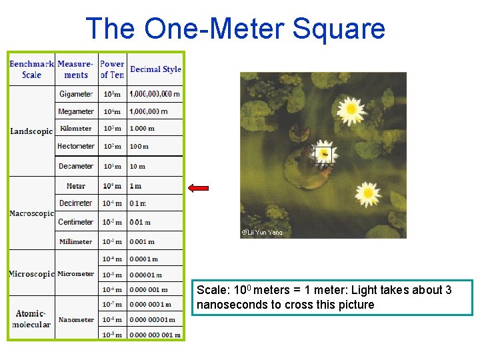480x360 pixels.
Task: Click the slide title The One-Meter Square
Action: [235, 29]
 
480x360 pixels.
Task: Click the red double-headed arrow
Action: [199, 188]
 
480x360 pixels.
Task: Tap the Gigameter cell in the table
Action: [76, 94]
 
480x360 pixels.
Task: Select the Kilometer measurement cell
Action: [76, 129]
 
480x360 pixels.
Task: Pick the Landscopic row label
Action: [31, 131]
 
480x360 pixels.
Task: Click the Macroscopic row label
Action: [31, 213]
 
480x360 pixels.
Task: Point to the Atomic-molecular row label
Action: [31, 319]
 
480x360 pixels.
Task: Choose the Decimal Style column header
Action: [155, 69]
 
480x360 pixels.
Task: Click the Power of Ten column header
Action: [112, 69]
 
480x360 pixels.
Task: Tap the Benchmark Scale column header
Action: [31, 69]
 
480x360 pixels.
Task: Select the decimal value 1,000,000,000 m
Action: [155, 94]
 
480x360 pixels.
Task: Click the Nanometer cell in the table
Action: [76, 319]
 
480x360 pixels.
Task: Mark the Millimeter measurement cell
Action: [76, 241]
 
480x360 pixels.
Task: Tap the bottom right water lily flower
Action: [367, 194]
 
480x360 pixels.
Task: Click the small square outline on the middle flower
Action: [323, 155]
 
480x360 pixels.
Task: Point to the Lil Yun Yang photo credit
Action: [262, 233]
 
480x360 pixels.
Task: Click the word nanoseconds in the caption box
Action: [229, 305]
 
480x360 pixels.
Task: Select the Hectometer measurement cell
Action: [76, 146]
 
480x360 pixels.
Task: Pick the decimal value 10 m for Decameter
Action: [137, 166]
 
